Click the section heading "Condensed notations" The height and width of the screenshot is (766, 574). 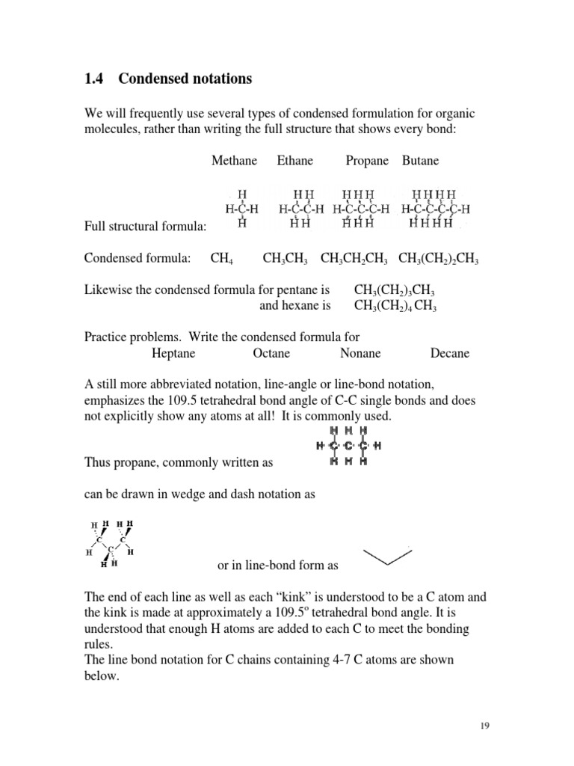click(185, 79)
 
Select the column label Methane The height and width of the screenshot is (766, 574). click(234, 161)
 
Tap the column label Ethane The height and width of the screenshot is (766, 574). click(295, 161)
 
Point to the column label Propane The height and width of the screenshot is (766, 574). click(367, 161)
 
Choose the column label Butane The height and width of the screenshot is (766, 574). click(421, 161)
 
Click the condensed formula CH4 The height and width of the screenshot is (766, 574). click(222, 259)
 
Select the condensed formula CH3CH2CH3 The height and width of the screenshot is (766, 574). click(354, 259)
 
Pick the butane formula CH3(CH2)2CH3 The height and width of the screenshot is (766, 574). click(439, 259)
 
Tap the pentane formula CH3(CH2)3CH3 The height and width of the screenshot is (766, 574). click(395, 290)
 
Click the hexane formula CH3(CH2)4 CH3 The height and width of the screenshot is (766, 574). click(395, 306)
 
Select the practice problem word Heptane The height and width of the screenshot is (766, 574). click(173, 353)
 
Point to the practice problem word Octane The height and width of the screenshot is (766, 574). click(271, 353)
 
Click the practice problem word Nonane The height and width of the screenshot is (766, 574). click(360, 353)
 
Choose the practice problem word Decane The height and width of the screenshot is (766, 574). click(450, 353)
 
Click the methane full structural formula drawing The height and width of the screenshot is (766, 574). click(241, 209)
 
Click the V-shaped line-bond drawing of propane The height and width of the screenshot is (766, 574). click(387, 557)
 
